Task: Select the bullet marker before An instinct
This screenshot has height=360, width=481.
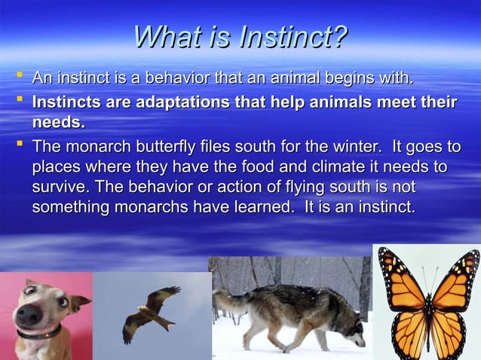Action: pyautogui.click(x=19, y=76)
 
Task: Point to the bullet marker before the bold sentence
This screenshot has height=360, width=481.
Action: pyautogui.click(x=19, y=100)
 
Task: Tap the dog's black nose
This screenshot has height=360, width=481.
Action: pyautogui.click(x=29, y=313)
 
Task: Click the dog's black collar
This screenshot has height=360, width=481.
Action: pyautogui.click(x=39, y=332)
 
